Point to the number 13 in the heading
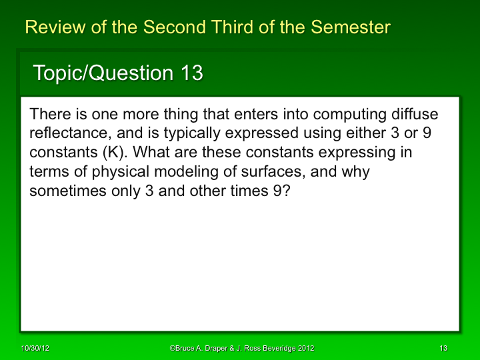[x=191, y=73]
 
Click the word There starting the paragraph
[x=48, y=114]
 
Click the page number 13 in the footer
[x=443, y=348]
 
